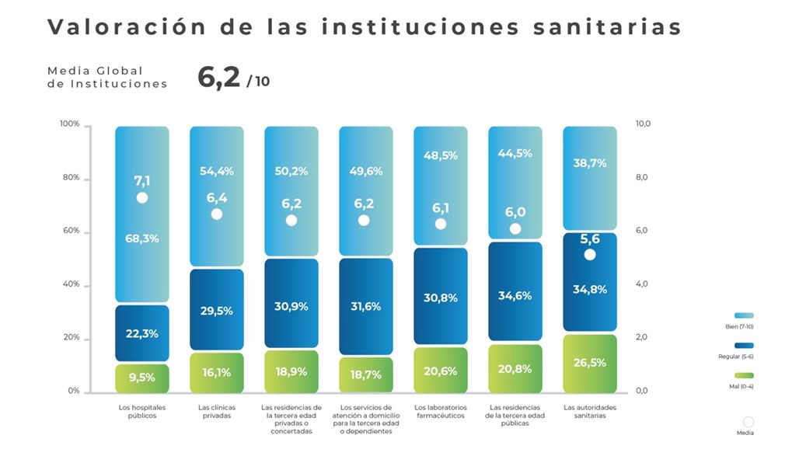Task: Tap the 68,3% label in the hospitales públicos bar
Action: click(x=141, y=238)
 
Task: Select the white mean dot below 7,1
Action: click(x=141, y=197)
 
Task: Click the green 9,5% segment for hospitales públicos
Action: click(x=141, y=378)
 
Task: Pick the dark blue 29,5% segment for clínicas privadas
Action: click(x=216, y=310)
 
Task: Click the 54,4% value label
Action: click(x=216, y=171)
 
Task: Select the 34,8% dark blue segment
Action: click(x=590, y=289)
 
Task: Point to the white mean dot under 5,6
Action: click(x=590, y=254)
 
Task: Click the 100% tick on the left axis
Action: click(x=70, y=124)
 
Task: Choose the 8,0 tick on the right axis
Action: click(x=642, y=177)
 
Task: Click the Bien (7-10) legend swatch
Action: click(x=744, y=315)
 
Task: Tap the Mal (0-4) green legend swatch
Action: click(x=744, y=376)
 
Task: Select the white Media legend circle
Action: click(x=748, y=422)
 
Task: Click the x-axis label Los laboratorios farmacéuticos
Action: click(x=440, y=411)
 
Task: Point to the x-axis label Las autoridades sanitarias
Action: click(x=590, y=411)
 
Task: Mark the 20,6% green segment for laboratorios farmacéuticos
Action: click(x=440, y=371)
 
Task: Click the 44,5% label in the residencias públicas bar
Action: click(x=515, y=153)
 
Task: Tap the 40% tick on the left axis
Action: click(x=71, y=284)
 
